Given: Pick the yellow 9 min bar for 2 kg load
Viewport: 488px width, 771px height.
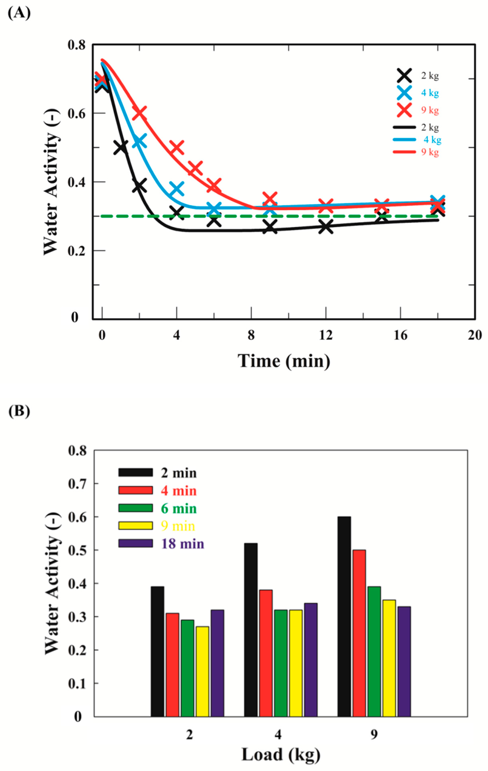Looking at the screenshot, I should [x=202, y=671].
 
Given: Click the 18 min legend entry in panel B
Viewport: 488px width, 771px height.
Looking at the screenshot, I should [x=162, y=544].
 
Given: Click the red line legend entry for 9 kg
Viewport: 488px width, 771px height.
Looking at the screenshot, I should [x=404, y=152].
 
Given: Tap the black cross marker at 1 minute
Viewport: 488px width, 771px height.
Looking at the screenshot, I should [x=121, y=148].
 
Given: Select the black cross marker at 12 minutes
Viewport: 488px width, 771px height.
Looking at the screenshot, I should [x=326, y=228].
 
